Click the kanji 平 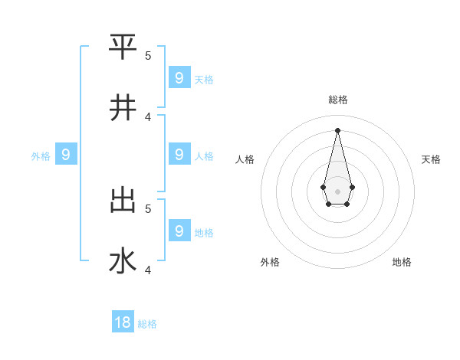(x=123, y=47)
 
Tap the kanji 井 (x=123, y=108)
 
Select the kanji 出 (x=123, y=200)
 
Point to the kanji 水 (x=123, y=261)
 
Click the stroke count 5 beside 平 (x=148, y=55)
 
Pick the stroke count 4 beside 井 (x=148, y=116)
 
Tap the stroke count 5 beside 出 (x=148, y=208)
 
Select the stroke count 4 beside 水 (x=148, y=270)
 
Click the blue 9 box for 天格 (x=179, y=77)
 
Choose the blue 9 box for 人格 (x=179, y=154)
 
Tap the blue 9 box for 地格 (x=179, y=230)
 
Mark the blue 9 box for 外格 (x=66, y=155)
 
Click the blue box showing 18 (x=123, y=322)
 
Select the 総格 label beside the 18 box (x=147, y=324)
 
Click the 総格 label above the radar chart (x=338, y=100)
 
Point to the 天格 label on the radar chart (x=431, y=159)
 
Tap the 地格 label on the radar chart (x=402, y=262)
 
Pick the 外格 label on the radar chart (x=270, y=262)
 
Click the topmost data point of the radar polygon (x=337, y=129)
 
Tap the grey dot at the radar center (x=337, y=191)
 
